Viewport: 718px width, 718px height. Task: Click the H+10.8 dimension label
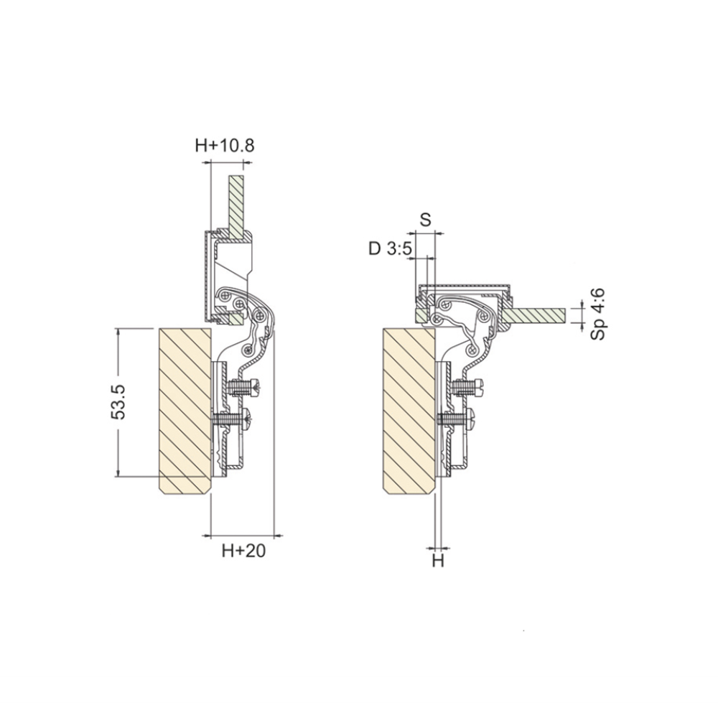(x=224, y=146)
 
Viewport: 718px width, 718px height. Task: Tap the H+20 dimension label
(x=243, y=551)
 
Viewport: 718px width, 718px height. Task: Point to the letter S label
(x=426, y=220)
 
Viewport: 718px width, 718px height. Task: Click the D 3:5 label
(x=391, y=249)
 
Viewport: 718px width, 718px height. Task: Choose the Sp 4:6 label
(x=597, y=314)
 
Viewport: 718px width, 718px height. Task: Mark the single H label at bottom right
(x=438, y=560)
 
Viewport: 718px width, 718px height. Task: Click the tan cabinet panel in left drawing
(x=185, y=411)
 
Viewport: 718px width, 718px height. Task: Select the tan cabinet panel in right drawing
(x=409, y=411)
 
